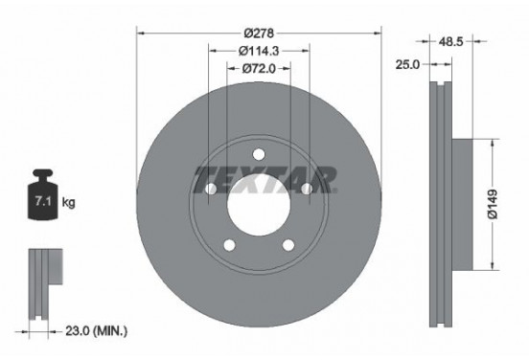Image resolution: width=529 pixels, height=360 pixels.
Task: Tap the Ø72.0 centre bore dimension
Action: click(260, 68)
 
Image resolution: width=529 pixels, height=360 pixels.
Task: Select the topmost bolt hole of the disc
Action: click(260, 156)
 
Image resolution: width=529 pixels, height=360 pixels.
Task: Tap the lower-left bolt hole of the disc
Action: click(230, 248)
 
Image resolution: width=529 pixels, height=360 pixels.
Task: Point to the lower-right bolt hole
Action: click(289, 248)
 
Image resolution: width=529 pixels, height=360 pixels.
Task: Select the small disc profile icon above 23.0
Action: click(39, 278)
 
